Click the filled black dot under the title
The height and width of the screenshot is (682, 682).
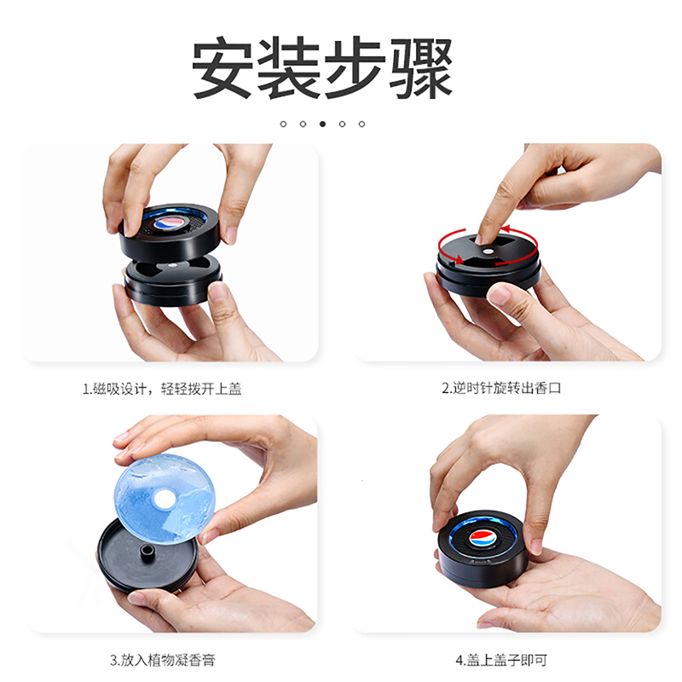coord(322,124)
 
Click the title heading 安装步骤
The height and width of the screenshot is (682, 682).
coord(322,67)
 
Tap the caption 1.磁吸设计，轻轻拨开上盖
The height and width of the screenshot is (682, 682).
coord(162,389)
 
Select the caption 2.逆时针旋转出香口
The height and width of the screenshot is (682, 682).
coord(501,388)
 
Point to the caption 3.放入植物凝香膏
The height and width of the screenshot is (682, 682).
coord(162,660)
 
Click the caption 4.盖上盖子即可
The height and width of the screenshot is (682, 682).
coord(501,660)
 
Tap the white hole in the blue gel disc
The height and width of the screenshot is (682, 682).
coord(163,499)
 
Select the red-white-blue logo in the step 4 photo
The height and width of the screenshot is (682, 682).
coord(483,538)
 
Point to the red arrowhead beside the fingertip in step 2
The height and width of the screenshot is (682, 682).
coord(505,229)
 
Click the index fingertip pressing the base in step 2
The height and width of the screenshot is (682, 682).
coord(483,237)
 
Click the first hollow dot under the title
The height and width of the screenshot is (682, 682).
coord(283,124)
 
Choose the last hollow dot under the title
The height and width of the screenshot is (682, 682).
coord(361,124)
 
